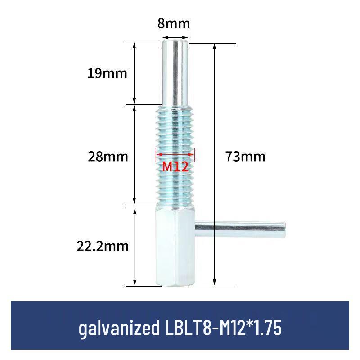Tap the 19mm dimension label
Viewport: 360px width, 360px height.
108,73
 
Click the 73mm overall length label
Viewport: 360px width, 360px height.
246,157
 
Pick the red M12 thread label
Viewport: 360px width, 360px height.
175,167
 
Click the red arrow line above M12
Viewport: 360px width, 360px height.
175,154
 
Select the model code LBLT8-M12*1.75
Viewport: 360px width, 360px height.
221,328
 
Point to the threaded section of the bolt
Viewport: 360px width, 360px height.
175,135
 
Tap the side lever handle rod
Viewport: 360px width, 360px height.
238,230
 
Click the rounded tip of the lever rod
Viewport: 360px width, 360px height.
283,230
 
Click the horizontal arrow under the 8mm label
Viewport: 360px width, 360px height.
175,38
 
